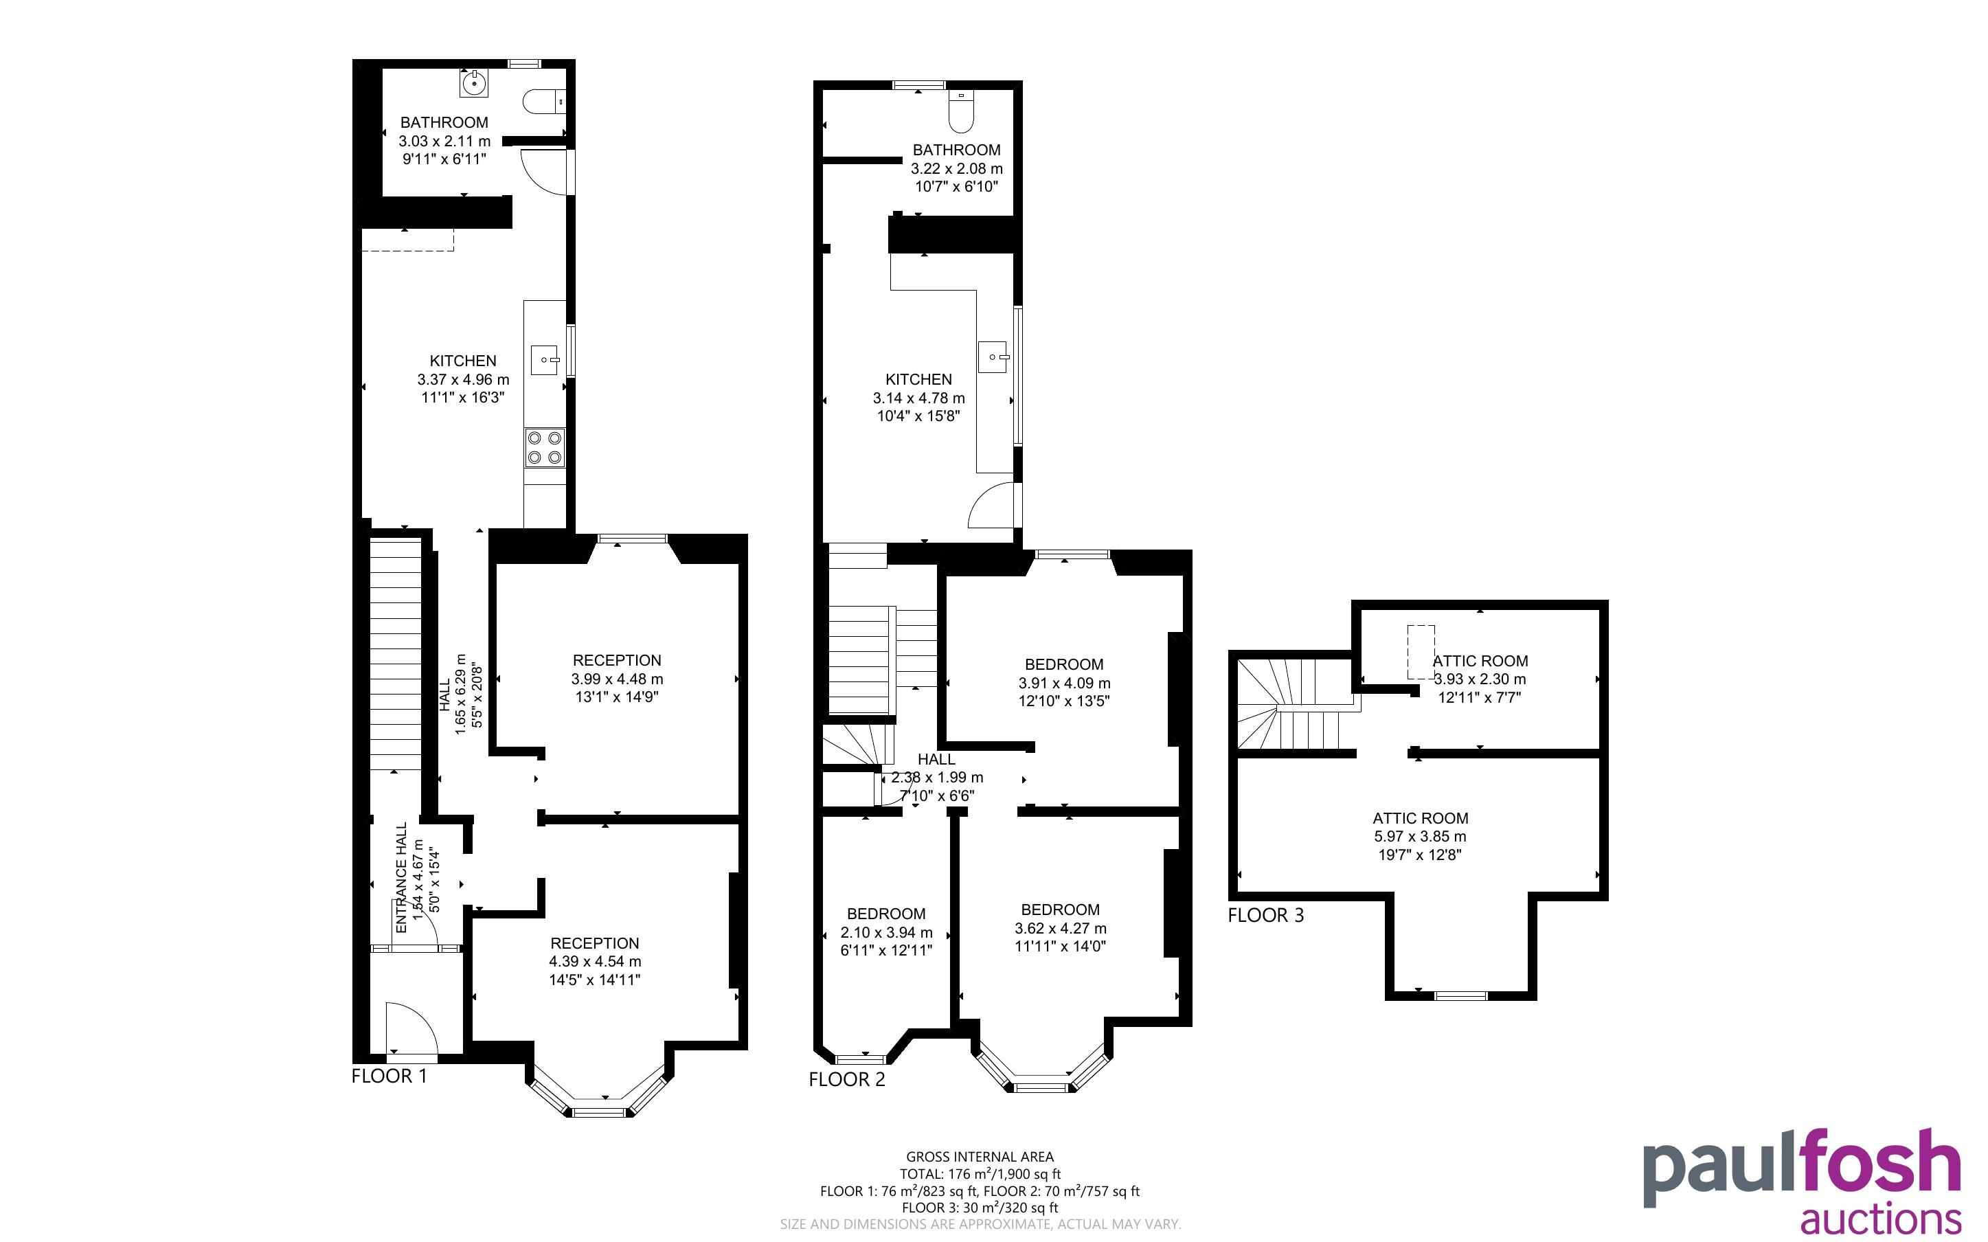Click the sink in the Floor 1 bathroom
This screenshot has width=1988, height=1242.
(474, 82)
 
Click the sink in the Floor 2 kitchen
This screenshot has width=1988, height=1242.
(993, 357)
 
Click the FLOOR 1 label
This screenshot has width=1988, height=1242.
(389, 1076)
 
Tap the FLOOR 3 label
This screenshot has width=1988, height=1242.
(1265, 915)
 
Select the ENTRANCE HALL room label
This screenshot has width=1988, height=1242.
(402, 878)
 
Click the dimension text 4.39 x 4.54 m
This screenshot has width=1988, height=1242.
(596, 961)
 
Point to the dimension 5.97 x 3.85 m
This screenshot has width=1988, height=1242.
(1421, 836)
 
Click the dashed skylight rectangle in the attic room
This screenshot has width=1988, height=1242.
(1421, 652)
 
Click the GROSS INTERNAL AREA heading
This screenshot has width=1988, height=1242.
(980, 1157)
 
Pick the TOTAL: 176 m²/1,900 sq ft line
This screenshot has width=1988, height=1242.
(980, 1174)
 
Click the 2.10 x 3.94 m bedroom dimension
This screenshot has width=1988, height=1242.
(887, 932)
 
